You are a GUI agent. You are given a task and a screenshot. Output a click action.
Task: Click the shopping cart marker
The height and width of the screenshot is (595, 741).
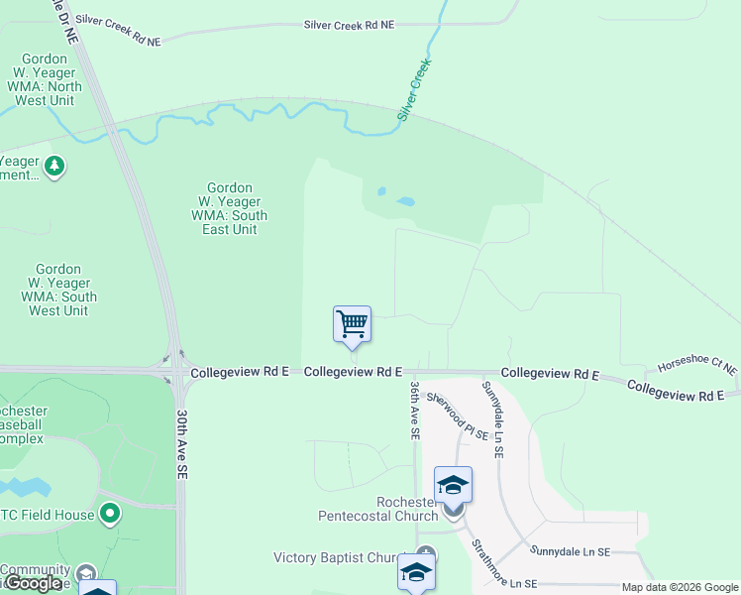[352, 324]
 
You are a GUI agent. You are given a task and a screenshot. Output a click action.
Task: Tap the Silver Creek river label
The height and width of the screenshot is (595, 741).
[415, 90]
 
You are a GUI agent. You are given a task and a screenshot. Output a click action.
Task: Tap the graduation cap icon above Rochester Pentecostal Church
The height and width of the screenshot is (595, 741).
[453, 485]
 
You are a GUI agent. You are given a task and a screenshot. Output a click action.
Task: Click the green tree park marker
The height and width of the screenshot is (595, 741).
[55, 166]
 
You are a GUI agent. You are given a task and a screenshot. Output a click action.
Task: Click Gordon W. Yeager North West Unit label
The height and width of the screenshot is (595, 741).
[44, 80]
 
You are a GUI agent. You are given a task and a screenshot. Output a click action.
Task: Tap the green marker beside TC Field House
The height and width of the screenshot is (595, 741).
[110, 514]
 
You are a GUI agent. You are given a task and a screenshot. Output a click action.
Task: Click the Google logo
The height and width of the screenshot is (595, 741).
[33, 583]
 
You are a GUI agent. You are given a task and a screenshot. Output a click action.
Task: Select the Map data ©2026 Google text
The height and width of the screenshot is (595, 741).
[680, 587]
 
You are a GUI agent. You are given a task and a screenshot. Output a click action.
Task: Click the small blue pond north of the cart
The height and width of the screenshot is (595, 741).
[405, 201]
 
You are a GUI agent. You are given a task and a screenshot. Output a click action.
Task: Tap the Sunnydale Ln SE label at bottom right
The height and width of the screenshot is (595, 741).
[569, 550]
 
